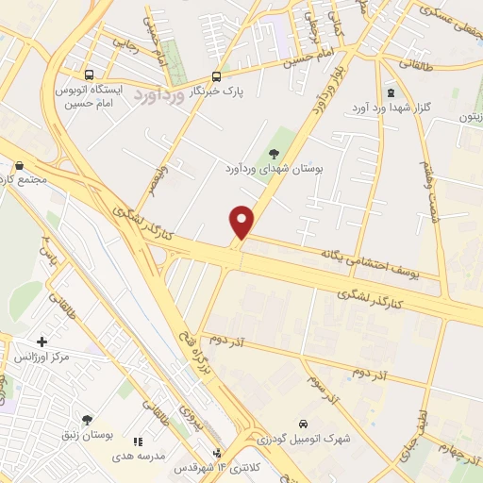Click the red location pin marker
242,221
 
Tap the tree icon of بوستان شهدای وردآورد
275,154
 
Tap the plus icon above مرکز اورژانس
42,341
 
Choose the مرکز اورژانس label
42,358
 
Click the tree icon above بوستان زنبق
88,420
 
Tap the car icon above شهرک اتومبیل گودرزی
303,424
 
